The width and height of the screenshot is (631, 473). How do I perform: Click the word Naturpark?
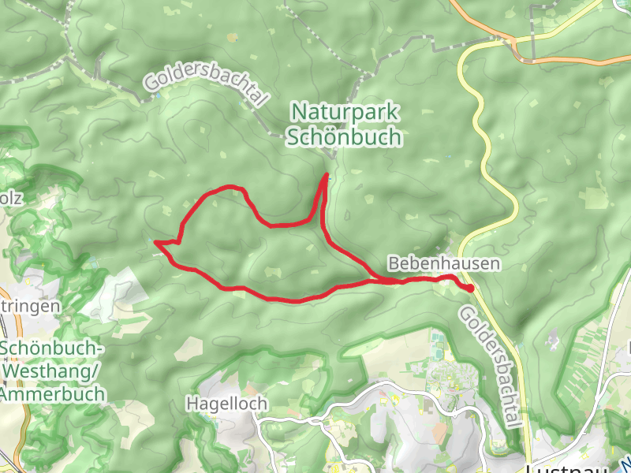[345, 111]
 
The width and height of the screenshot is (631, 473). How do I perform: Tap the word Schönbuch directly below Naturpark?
[345, 136]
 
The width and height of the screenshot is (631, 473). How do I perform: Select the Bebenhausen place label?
[444, 263]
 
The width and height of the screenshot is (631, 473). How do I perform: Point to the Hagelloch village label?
[227, 403]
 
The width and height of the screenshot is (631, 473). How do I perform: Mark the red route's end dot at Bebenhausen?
[470, 289]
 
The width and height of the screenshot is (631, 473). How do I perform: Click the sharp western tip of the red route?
[156, 242]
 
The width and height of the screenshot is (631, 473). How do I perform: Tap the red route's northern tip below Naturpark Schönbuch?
[326, 175]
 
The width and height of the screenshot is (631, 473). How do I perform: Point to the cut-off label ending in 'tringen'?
[30, 305]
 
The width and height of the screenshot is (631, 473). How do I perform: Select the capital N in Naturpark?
[297, 111]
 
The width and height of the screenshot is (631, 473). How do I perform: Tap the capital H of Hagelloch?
[192, 403]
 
